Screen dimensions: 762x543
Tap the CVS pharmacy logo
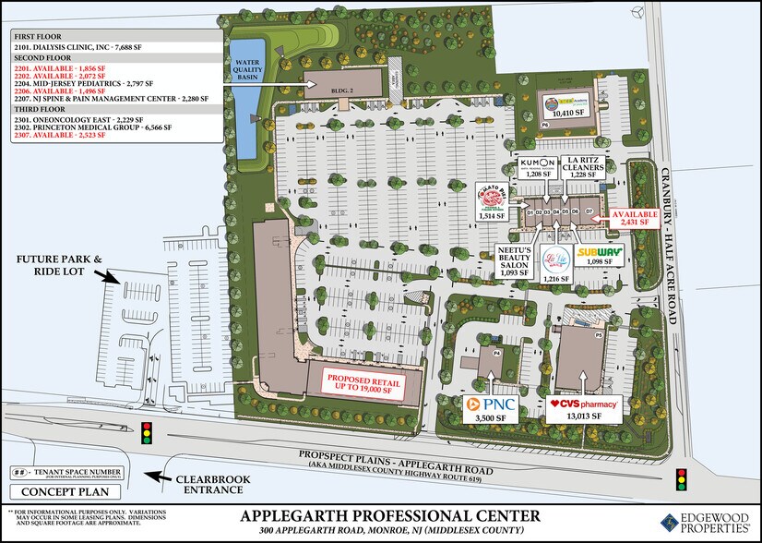(583, 404)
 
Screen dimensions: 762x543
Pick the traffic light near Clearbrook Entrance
(145, 433)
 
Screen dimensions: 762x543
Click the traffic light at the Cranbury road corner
(682, 480)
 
